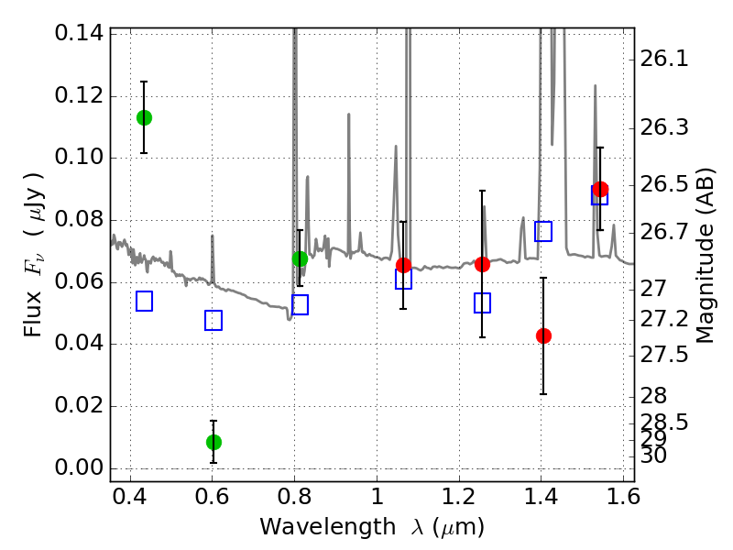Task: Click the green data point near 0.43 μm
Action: pyautogui.click(x=144, y=117)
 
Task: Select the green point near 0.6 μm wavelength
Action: pyautogui.click(x=213, y=442)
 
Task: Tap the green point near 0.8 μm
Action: pyautogui.click(x=300, y=258)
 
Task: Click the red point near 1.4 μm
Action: pyautogui.click(x=543, y=335)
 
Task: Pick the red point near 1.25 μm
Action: pyautogui.click(x=482, y=264)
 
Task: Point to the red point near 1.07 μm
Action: pyautogui.click(x=403, y=265)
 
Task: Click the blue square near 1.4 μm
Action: pyautogui.click(x=543, y=231)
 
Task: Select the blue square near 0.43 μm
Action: pyautogui.click(x=144, y=301)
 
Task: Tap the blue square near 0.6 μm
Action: pyautogui.click(x=213, y=320)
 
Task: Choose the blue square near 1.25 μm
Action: pyautogui.click(x=482, y=302)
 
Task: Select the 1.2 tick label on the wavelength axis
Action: pyautogui.click(x=458, y=501)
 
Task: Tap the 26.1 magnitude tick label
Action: pyautogui.click(x=665, y=59)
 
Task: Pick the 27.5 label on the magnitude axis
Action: pyautogui.click(x=665, y=354)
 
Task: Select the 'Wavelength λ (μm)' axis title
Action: pyautogui.click(x=371, y=527)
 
